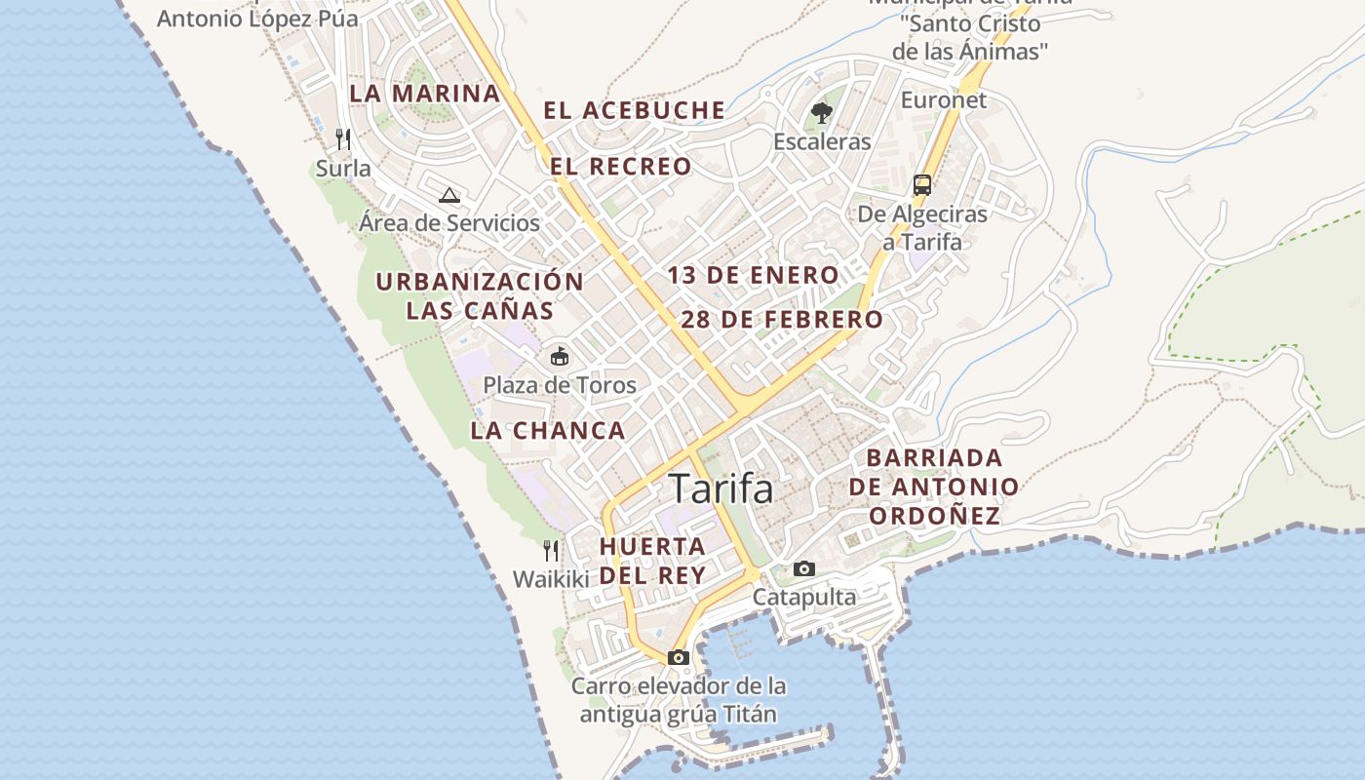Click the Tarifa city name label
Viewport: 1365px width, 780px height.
pyautogui.click(x=721, y=488)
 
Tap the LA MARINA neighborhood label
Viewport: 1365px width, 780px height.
pyautogui.click(x=424, y=94)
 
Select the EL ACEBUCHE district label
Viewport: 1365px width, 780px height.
pyautogui.click(x=634, y=110)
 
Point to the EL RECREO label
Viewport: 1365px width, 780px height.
pyautogui.click(x=620, y=167)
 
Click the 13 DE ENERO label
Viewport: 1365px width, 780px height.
pyautogui.click(x=753, y=275)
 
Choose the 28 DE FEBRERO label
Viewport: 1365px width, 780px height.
pyautogui.click(x=782, y=319)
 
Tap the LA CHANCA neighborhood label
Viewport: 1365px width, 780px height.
pyautogui.click(x=548, y=430)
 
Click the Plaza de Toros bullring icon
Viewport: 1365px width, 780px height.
pyautogui.click(x=560, y=356)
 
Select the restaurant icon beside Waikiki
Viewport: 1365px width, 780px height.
pyautogui.click(x=551, y=551)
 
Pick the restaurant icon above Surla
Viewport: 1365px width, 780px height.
pyautogui.click(x=343, y=139)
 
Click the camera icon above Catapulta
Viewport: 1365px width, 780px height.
pyautogui.click(x=803, y=568)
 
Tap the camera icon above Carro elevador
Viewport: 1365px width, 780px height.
pyautogui.click(x=679, y=657)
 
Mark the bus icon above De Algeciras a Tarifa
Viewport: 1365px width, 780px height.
pyautogui.click(x=921, y=184)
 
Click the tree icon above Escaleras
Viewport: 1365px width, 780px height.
pyautogui.click(x=821, y=113)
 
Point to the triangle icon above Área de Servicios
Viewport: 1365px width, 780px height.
pyautogui.click(x=448, y=195)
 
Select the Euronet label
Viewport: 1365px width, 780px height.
pyautogui.click(x=943, y=99)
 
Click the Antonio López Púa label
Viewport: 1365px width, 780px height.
pyautogui.click(x=257, y=18)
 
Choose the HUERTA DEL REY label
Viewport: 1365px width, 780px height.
pyautogui.click(x=652, y=561)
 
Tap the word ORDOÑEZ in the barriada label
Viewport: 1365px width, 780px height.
pyautogui.click(x=935, y=515)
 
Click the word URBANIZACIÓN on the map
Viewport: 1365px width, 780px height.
pyautogui.click(x=480, y=282)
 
